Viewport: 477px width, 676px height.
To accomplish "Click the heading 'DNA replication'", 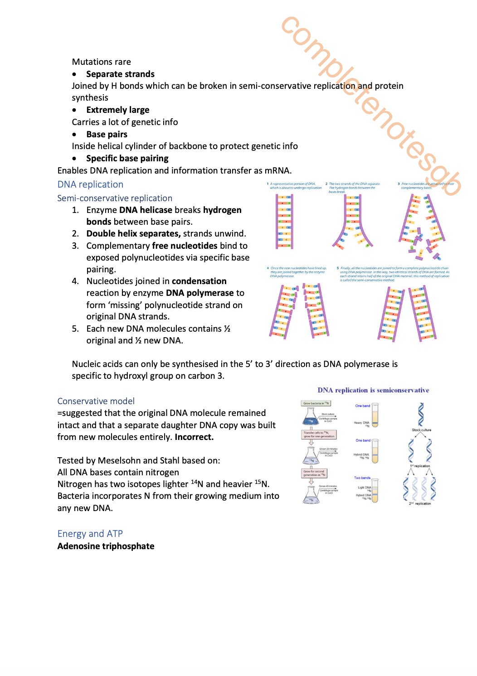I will click(x=90, y=184).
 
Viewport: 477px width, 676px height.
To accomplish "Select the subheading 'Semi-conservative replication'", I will click(x=115, y=198).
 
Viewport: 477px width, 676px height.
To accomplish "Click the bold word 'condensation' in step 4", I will click(x=199, y=281).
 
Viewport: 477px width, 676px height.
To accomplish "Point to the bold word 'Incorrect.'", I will click(x=194, y=437).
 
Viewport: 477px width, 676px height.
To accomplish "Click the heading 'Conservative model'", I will click(x=96, y=401).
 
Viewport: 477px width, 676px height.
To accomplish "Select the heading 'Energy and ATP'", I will click(x=90, y=533).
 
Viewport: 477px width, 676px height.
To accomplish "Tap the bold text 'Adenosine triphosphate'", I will click(x=106, y=546).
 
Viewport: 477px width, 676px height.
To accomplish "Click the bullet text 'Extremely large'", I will click(x=117, y=110).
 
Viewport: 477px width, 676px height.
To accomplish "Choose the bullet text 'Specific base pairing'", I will click(x=127, y=158).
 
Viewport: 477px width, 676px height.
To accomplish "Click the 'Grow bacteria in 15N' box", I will click(x=316, y=403).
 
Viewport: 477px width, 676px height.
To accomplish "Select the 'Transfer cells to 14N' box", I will click(x=319, y=435).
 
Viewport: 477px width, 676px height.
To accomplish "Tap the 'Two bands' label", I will click(x=362, y=478).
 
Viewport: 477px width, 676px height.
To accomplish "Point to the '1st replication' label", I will click(x=420, y=466).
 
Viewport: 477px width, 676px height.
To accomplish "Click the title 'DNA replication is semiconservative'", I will click(x=373, y=390).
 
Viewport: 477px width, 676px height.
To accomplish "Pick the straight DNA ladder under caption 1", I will click(x=285, y=222).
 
